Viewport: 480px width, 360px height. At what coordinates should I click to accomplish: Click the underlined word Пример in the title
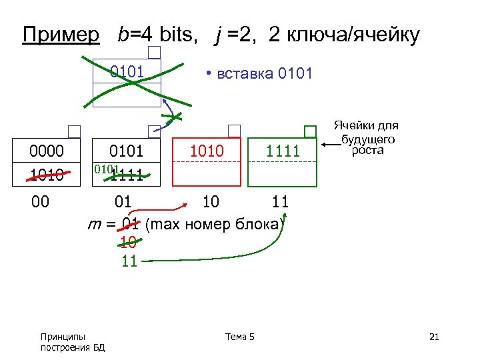[x=60, y=35]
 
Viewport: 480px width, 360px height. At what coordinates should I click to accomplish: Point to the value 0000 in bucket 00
[x=47, y=152]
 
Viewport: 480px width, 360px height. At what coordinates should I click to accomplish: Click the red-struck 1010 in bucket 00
[x=47, y=175]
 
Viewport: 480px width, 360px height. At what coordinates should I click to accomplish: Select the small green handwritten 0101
[x=105, y=169]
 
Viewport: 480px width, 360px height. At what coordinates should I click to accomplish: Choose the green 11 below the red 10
[x=129, y=261]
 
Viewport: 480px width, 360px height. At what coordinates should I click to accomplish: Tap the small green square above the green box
[x=311, y=131]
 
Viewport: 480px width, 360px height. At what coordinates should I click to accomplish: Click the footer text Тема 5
[x=239, y=337]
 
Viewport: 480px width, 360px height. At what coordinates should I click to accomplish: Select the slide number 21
[x=434, y=337]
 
